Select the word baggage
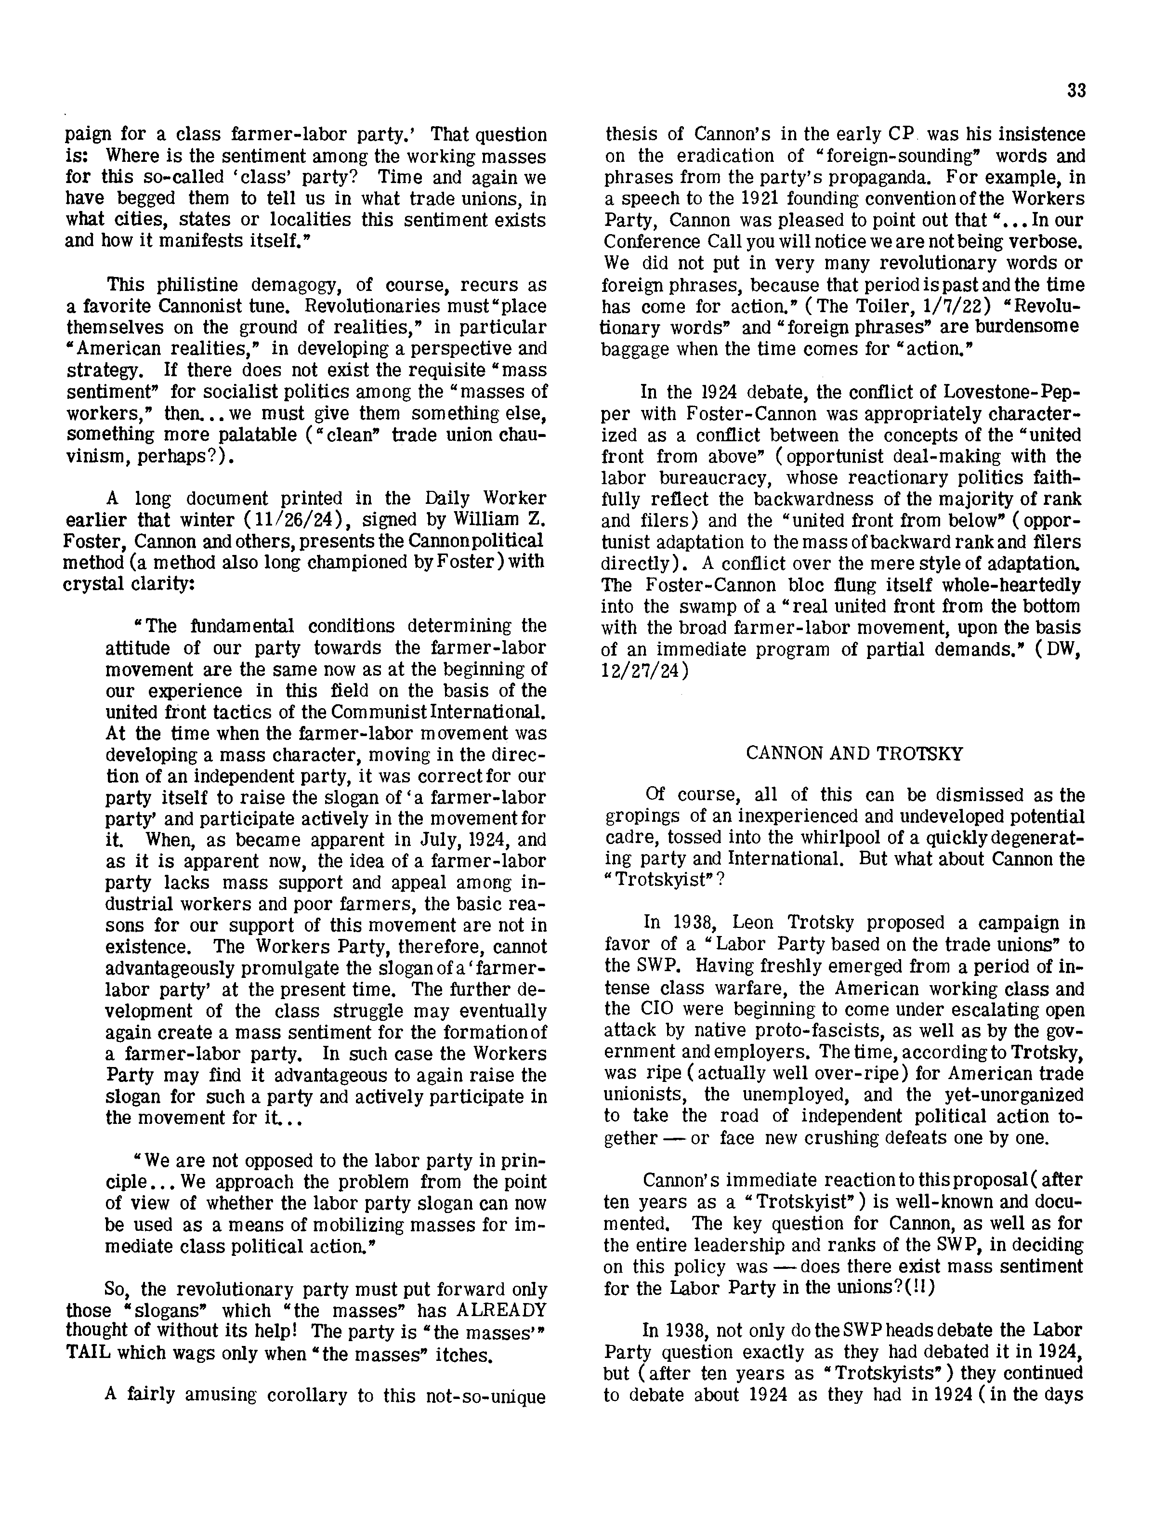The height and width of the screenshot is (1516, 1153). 636,349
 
